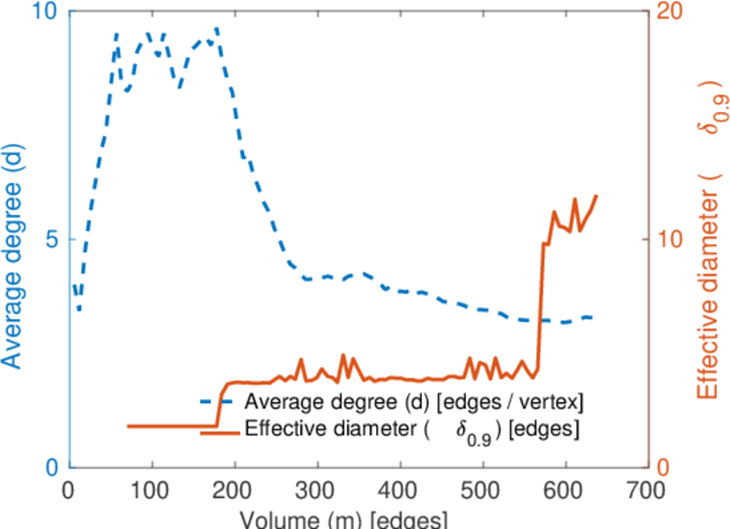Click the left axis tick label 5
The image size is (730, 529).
pyautogui.click(x=50, y=240)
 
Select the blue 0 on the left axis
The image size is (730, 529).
pyautogui.click(x=50, y=467)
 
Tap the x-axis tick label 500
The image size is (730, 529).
pyautogui.click(x=483, y=491)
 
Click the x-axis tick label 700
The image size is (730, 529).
pyautogui.click(x=648, y=491)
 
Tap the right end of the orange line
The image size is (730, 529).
pyautogui.click(x=596, y=196)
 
